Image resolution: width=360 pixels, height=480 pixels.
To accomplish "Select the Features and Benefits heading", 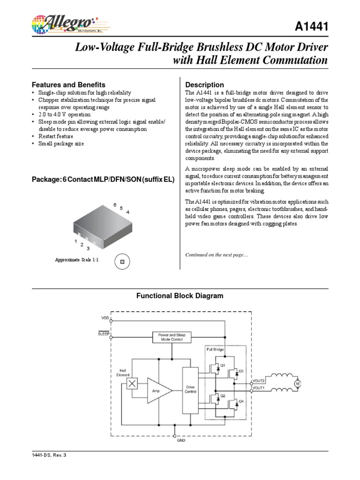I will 68,85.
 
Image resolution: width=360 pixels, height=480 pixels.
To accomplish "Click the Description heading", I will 205,85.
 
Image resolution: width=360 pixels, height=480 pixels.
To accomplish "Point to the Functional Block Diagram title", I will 180,296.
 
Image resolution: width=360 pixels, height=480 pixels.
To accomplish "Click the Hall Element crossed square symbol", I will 133,384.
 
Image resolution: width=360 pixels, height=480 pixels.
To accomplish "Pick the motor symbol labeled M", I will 296,384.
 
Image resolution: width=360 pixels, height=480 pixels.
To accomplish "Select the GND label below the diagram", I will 180,441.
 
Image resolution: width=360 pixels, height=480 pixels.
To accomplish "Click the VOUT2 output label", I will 259,381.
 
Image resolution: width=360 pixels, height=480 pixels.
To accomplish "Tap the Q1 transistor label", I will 223,365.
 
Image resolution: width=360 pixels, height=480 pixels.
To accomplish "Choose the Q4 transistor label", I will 241,401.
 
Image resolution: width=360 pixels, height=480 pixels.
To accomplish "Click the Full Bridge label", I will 215,349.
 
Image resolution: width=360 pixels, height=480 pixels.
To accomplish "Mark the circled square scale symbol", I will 122,262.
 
